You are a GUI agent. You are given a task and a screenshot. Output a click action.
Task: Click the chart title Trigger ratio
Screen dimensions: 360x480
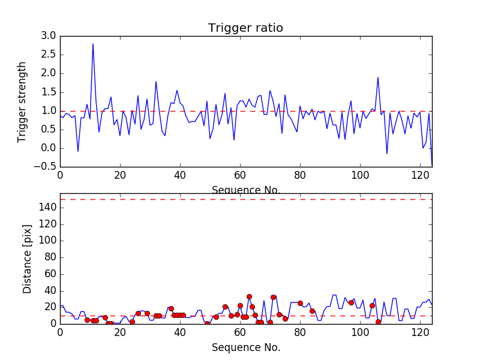coord(245,28)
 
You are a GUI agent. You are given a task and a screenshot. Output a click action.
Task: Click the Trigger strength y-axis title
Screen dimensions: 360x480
coord(22,101)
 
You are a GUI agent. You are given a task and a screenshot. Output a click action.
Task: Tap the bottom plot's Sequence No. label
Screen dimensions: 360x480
coord(246,347)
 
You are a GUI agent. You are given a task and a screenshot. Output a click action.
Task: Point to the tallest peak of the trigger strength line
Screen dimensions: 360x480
coord(93,44)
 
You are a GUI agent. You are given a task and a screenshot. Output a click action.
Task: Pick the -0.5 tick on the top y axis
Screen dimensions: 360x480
coord(47,167)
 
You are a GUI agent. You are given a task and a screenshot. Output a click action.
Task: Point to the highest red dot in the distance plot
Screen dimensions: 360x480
coord(249,296)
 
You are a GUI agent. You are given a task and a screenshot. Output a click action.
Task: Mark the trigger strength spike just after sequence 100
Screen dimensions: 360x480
coord(378,77)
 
